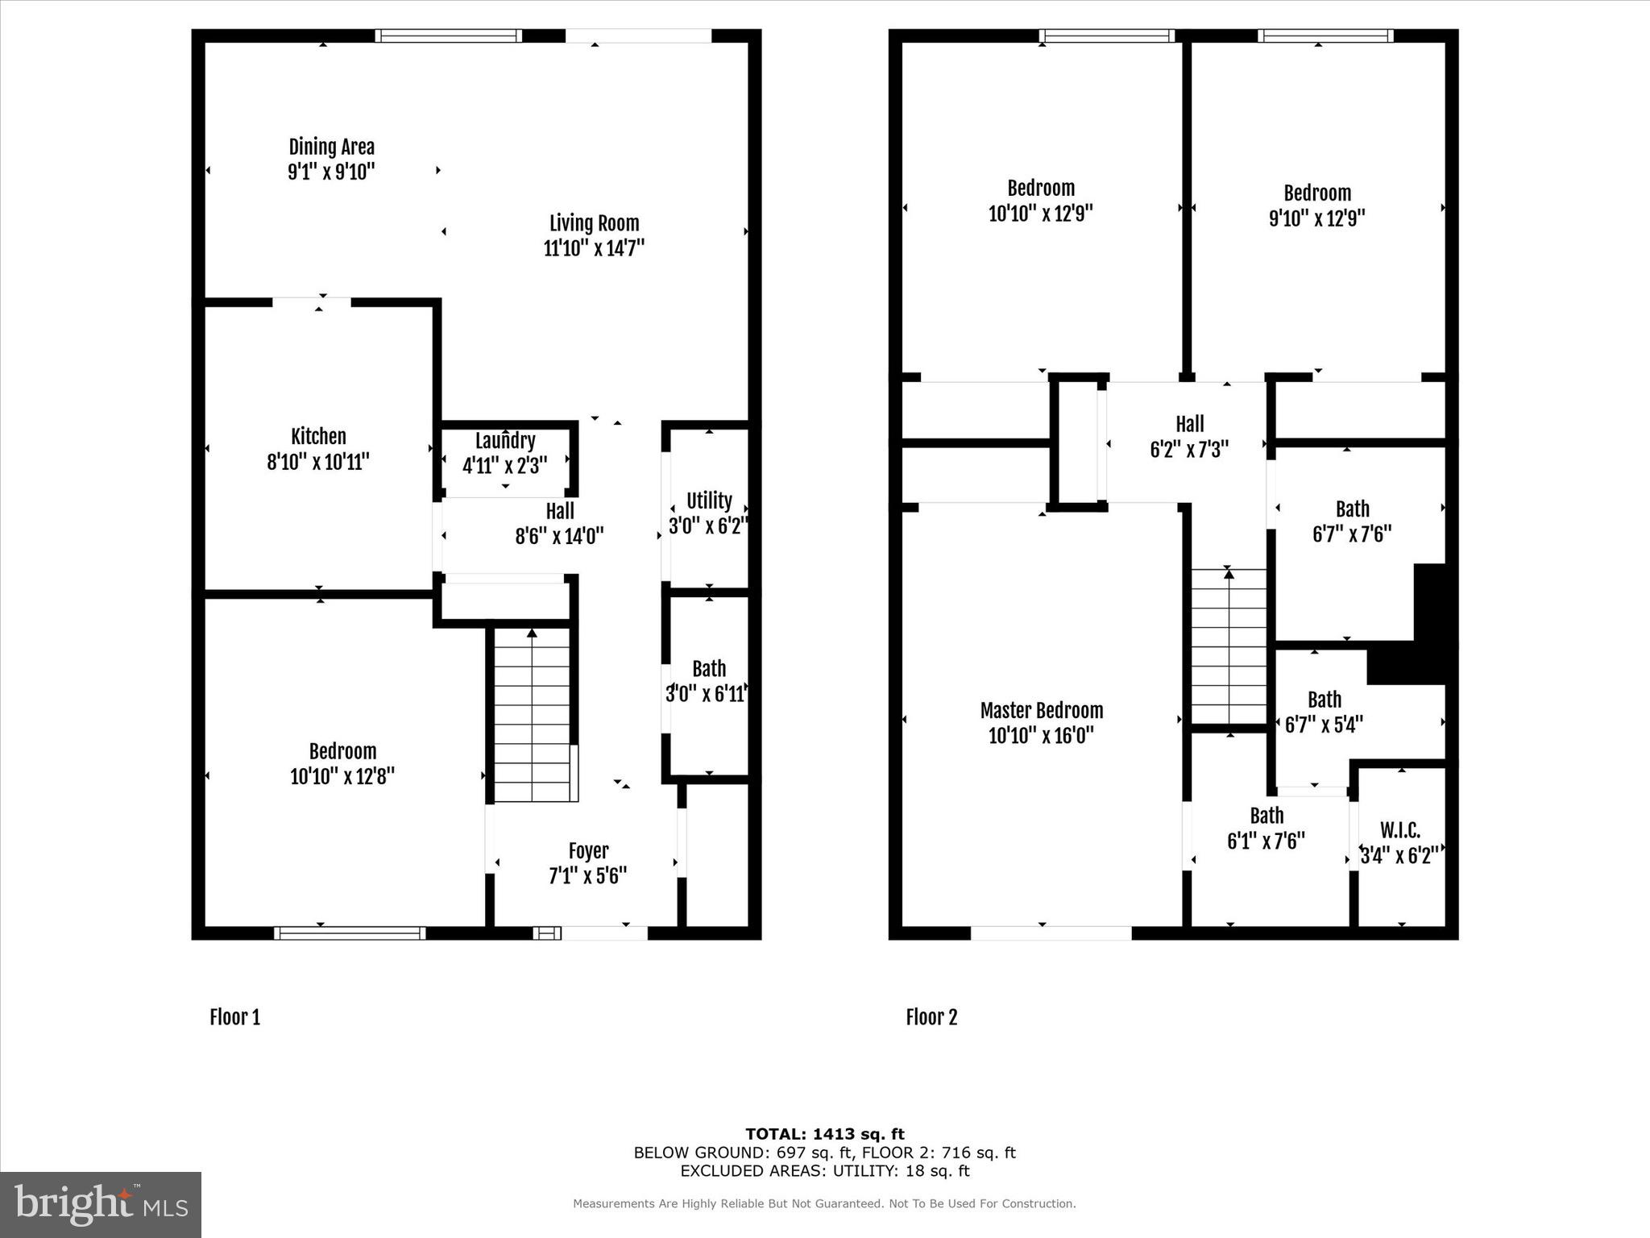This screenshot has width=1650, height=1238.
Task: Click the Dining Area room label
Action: (x=331, y=147)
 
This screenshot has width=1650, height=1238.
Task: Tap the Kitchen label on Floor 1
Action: (x=318, y=437)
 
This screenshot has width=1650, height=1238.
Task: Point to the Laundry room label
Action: (x=505, y=441)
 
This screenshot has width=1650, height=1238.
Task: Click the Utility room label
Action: (x=709, y=501)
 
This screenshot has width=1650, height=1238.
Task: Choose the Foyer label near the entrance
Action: (x=588, y=851)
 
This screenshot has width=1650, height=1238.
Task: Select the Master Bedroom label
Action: (x=1041, y=711)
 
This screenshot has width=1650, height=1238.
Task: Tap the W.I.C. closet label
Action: (x=1400, y=830)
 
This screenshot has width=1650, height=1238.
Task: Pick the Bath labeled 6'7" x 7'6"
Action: (x=1352, y=521)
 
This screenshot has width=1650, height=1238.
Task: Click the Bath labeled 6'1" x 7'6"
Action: (x=1266, y=829)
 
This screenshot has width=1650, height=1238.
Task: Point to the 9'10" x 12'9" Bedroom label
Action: (x=1316, y=206)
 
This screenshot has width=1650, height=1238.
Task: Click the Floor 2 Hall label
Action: (x=1189, y=424)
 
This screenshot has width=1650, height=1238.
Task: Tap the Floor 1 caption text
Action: (x=234, y=1017)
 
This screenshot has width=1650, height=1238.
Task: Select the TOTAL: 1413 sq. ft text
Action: (x=824, y=1134)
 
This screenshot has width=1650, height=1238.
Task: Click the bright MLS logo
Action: (x=101, y=1205)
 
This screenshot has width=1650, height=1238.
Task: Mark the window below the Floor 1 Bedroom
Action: (x=350, y=933)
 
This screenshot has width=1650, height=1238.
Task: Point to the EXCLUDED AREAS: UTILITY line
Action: (x=824, y=1171)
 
